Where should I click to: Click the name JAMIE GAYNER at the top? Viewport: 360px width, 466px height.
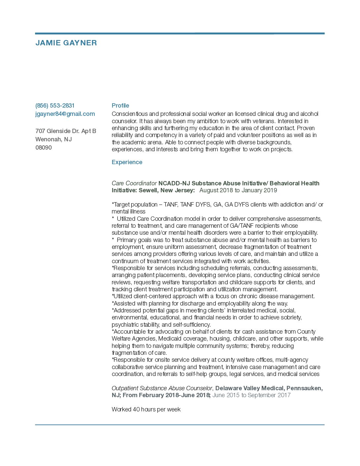66,43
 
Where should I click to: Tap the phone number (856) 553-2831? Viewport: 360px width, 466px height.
55,106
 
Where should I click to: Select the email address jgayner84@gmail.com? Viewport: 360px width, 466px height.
65,114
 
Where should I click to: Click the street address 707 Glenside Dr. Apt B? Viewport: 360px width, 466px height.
66,131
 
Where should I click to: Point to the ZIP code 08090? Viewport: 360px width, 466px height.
44,148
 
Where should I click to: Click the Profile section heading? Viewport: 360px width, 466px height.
120,106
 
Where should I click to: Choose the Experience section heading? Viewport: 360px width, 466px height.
127,162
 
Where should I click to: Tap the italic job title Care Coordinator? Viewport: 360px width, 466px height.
134,183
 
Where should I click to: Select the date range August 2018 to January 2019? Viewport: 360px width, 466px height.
238,190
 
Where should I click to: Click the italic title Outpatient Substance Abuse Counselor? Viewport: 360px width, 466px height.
162,388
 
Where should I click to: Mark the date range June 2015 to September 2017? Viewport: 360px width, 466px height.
251,395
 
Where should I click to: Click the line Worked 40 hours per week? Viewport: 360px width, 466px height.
146,409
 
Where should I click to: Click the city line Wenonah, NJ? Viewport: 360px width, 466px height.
54,139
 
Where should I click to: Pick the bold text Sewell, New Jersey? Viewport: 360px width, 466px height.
167,190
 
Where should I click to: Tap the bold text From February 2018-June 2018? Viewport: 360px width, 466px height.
166,395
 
